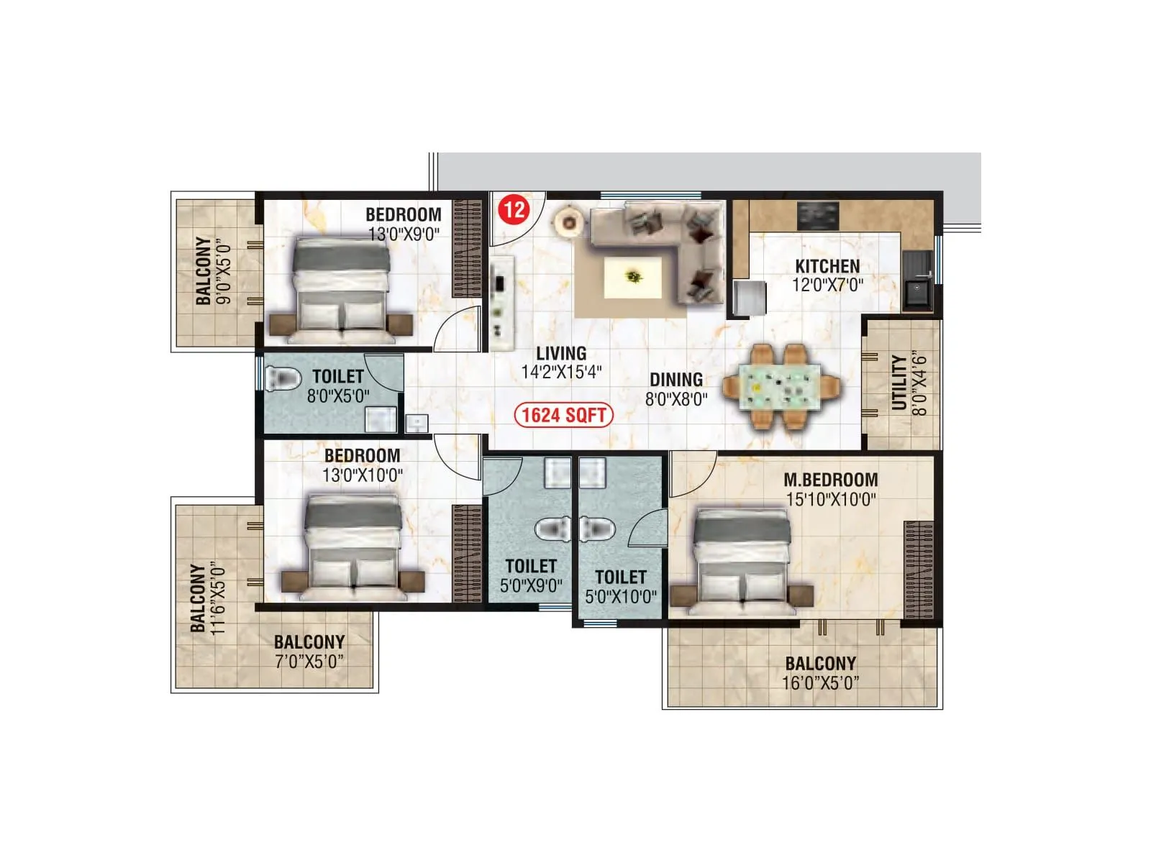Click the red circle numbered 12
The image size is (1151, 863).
click(514, 210)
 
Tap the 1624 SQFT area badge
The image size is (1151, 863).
click(564, 415)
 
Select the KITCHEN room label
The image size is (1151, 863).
click(827, 266)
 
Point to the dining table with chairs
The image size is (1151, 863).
click(781, 387)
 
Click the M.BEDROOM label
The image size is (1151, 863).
click(831, 480)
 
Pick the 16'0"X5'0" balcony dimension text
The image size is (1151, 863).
click(820, 682)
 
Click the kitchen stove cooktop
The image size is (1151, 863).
click(819, 214)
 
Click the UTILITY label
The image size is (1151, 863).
click(899, 383)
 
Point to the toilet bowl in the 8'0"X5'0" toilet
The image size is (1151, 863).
click(282, 378)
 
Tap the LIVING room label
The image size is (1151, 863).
click(561, 353)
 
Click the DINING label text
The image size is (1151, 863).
click(676, 380)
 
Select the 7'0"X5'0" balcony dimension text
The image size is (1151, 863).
click(309, 661)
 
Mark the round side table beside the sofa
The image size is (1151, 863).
click(569, 222)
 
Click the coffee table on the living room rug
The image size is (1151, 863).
click(633, 276)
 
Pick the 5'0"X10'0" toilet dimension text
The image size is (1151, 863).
click(621, 596)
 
